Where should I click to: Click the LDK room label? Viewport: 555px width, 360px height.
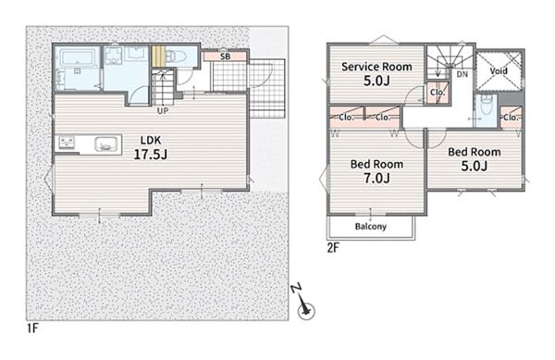pos(151,140)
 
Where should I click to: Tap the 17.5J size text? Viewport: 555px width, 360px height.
pos(151,155)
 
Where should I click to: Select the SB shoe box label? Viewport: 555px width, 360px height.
pos(225,56)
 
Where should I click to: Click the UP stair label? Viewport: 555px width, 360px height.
pos(163,110)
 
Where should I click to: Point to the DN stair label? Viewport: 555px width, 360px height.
pos(462,74)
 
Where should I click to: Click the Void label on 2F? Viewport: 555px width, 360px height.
pos(499,70)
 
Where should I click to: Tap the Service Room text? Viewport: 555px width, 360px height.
pos(376,67)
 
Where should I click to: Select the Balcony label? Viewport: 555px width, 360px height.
pos(371,226)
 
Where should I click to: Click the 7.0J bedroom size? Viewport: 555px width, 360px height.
pos(377,178)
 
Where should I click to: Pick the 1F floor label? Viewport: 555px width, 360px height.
pos(32,329)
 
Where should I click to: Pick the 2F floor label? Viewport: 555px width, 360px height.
pos(333,248)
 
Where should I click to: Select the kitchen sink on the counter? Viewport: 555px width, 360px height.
pos(105,144)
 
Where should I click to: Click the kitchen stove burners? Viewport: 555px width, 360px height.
pos(67,143)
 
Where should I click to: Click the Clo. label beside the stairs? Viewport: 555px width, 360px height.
pos(438,93)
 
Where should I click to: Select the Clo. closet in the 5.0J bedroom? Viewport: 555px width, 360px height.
pos(511,118)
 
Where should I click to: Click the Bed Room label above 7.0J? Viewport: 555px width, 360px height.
pos(376,164)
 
